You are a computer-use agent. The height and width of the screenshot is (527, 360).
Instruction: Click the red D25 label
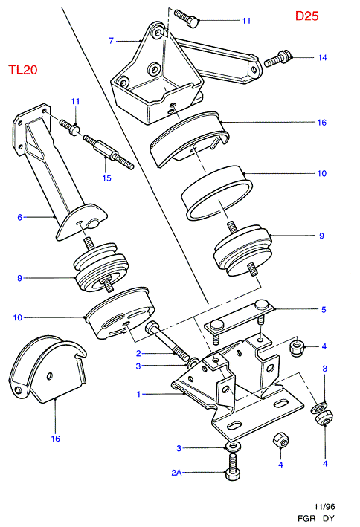(306, 16)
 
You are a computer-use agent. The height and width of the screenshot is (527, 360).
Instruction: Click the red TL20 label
(22, 70)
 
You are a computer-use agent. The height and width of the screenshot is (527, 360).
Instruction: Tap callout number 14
(322, 58)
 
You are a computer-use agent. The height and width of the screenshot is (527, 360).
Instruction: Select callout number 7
(112, 41)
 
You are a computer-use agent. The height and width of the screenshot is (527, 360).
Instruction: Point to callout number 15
(106, 178)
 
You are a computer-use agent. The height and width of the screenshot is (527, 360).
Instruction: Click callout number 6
(19, 218)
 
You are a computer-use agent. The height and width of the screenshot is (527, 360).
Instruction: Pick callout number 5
(324, 309)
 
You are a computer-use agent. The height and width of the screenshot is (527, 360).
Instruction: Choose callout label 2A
(176, 473)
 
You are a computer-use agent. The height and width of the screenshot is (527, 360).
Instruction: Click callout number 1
(138, 394)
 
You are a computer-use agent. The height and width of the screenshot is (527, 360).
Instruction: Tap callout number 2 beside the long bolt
(138, 353)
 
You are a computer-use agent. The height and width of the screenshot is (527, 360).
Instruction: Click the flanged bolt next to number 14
(277, 59)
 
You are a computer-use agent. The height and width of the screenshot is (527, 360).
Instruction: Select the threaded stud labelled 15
(109, 151)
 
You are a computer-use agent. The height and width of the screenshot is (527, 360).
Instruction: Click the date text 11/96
(324, 506)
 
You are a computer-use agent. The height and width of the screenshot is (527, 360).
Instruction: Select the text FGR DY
(316, 518)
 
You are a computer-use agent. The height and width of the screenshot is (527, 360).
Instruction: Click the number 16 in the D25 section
(322, 123)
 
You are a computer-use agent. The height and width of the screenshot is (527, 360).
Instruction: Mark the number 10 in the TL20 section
(18, 317)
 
